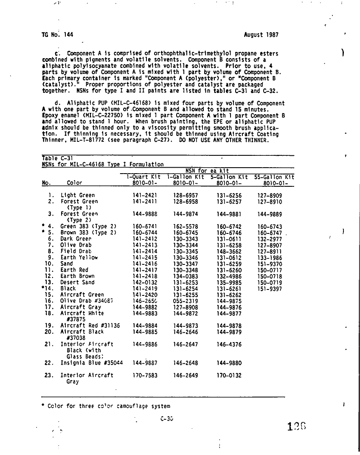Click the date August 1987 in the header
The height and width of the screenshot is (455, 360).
[262, 35]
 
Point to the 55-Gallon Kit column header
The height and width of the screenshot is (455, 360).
[274, 177]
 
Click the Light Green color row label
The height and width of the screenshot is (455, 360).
[78, 196]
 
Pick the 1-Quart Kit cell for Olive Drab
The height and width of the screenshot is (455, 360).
[145, 245]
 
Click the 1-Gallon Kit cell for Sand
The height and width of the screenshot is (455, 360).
[186, 264]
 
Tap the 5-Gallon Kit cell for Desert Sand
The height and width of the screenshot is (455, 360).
[229, 282]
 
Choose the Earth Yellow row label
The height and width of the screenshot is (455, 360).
[79, 257]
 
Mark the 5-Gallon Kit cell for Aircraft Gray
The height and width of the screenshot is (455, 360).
[229, 307]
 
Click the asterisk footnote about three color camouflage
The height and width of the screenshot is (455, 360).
[106, 406]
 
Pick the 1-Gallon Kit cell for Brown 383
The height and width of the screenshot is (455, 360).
[186, 233]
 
